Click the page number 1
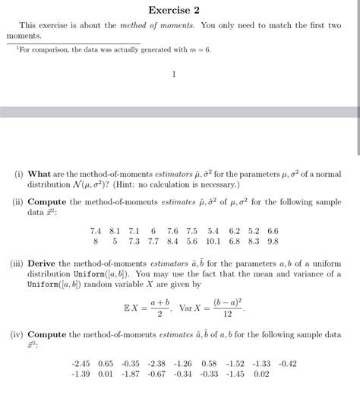[x=174, y=74]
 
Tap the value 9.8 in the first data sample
[x=273, y=241]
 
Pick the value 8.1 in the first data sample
[x=115, y=230]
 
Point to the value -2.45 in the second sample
[x=81, y=363]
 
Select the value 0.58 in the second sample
[x=210, y=363]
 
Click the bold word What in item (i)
[x=39, y=174]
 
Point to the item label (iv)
[x=15, y=334]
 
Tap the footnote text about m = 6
[x=115, y=49]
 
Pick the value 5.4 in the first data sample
[x=213, y=230]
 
